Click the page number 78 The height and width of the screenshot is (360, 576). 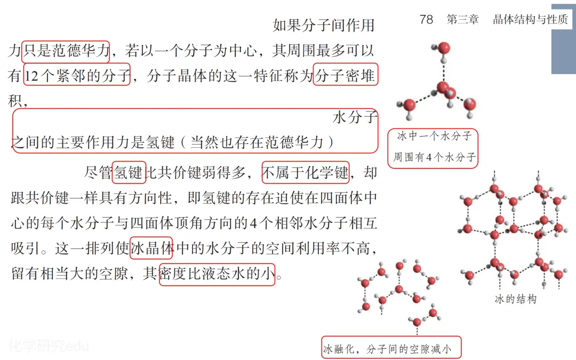click(x=426, y=20)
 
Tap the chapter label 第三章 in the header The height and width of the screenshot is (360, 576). click(x=462, y=20)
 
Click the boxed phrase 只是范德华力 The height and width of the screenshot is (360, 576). click(x=66, y=51)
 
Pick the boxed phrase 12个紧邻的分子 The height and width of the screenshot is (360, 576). click(x=77, y=76)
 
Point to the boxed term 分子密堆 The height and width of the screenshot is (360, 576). click(x=346, y=76)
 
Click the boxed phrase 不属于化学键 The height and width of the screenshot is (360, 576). click(x=305, y=173)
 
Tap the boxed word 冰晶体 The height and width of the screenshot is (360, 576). click(x=151, y=248)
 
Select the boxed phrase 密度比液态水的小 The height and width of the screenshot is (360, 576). click(x=217, y=274)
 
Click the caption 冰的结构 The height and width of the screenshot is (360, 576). click(x=515, y=299)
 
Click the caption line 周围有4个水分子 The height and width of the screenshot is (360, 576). click(x=433, y=157)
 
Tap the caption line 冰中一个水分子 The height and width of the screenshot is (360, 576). click(x=433, y=137)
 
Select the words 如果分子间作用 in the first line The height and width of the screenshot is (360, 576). click(x=324, y=25)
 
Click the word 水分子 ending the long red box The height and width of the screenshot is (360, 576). click(x=355, y=117)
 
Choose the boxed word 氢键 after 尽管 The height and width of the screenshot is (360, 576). click(x=129, y=173)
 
